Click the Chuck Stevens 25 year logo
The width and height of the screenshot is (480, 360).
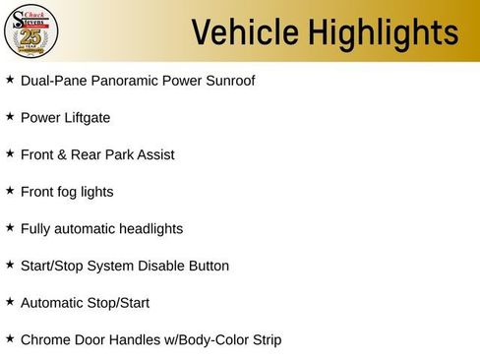tap(31, 31)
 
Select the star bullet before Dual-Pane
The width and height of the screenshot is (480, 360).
tap(10, 79)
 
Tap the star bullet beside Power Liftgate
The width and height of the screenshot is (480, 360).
tap(10, 116)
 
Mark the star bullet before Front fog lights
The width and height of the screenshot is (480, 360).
tap(10, 191)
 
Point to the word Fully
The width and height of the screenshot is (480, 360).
tap(36, 229)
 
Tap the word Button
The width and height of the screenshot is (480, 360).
tap(208, 266)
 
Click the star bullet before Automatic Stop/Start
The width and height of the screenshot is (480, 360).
tap(10, 302)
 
